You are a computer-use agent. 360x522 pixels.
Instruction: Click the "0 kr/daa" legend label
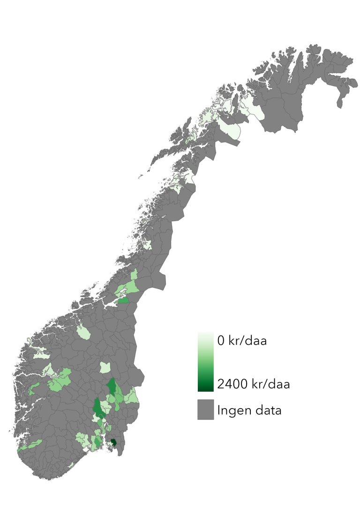[x=241, y=341]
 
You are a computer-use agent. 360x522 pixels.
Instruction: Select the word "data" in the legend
[x=268, y=411]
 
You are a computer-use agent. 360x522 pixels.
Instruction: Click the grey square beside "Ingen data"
[x=205, y=410]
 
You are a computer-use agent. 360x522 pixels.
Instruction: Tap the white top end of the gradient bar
[x=205, y=335]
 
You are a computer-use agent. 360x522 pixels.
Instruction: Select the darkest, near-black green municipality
[x=113, y=442]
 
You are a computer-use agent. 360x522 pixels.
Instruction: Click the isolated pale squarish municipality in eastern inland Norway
[x=105, y=367]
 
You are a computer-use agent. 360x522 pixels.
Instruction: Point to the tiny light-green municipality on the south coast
[x=71, y=465]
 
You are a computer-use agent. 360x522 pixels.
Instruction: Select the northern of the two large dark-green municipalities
[x=112, y=387]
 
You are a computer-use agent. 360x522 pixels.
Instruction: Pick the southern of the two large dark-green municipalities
[x=98, y=408]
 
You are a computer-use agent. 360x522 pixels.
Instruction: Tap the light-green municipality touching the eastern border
[x=133, y=396]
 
